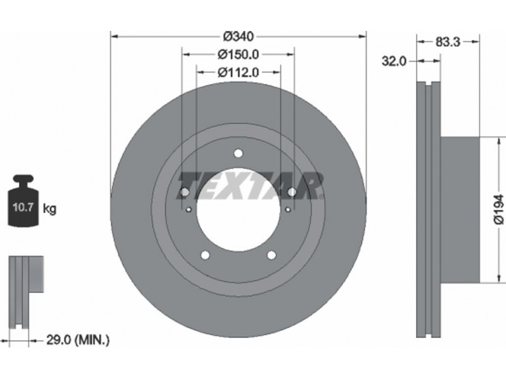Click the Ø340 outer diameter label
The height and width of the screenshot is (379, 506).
click(238, 37)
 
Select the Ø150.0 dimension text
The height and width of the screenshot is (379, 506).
click(238, 54)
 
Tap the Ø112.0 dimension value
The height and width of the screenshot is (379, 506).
click(238, 73)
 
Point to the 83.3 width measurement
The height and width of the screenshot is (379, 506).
click(448, 42)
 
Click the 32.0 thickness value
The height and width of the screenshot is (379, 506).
click(394, 61)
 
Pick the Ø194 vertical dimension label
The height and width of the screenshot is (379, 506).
click(498, 209)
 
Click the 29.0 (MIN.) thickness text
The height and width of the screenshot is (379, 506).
click(78, 340)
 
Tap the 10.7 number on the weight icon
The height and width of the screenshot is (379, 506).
click(23, 207)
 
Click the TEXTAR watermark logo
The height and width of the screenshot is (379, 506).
click(251, 186)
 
